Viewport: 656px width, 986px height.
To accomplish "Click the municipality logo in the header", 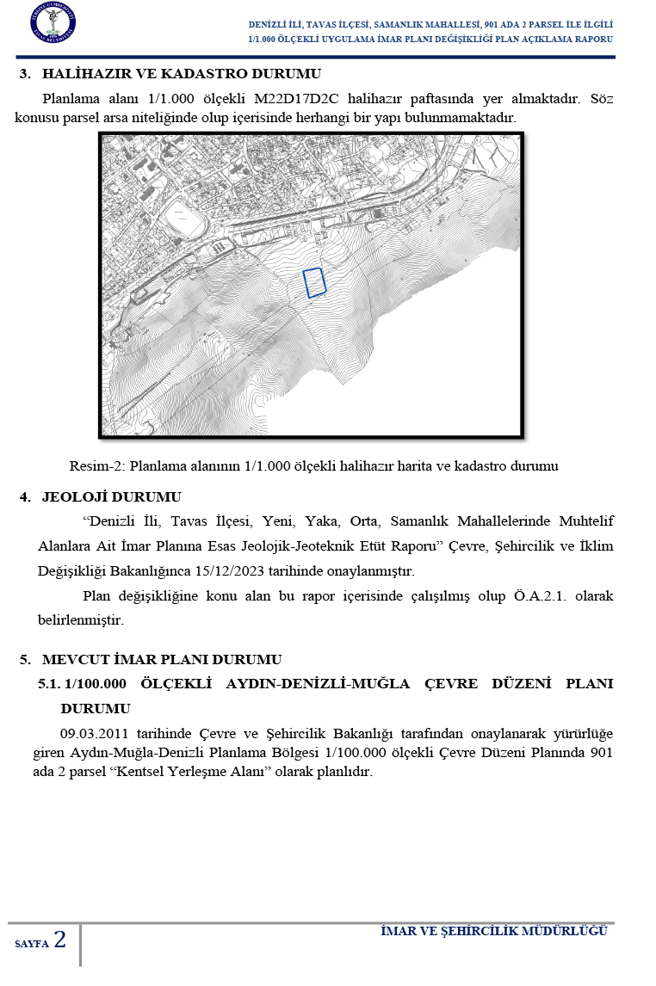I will click(x=53, y=23).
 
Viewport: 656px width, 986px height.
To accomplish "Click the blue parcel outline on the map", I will click(x=314, y=282).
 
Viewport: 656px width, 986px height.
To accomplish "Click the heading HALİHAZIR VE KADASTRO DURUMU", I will click(x=181, y=74).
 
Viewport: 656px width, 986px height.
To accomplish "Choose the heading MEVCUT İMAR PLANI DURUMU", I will click(x=162, y=660).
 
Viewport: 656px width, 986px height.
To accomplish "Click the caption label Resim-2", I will click(x=96, y=466).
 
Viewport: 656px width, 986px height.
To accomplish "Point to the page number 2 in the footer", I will click(x=59, y=940).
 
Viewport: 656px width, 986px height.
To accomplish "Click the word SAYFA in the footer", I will click(x=32, y=944).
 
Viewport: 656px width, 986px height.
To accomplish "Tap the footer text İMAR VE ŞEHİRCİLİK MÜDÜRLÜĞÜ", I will click(x=494, y=932).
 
